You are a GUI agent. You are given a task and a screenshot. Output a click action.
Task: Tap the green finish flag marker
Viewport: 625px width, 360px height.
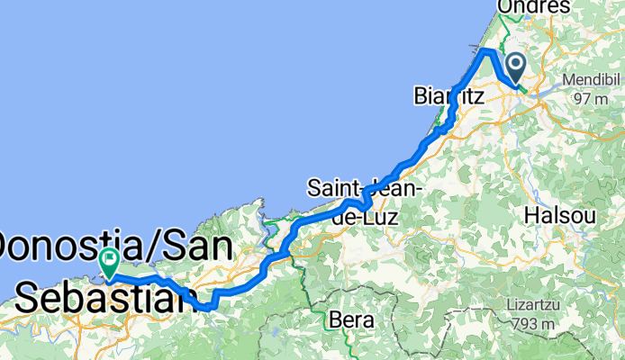[109, 262]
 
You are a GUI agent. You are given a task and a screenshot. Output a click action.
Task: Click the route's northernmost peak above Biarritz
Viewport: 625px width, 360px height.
[487, 50]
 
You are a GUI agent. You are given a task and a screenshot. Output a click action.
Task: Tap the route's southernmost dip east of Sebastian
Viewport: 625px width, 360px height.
[208, 307]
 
